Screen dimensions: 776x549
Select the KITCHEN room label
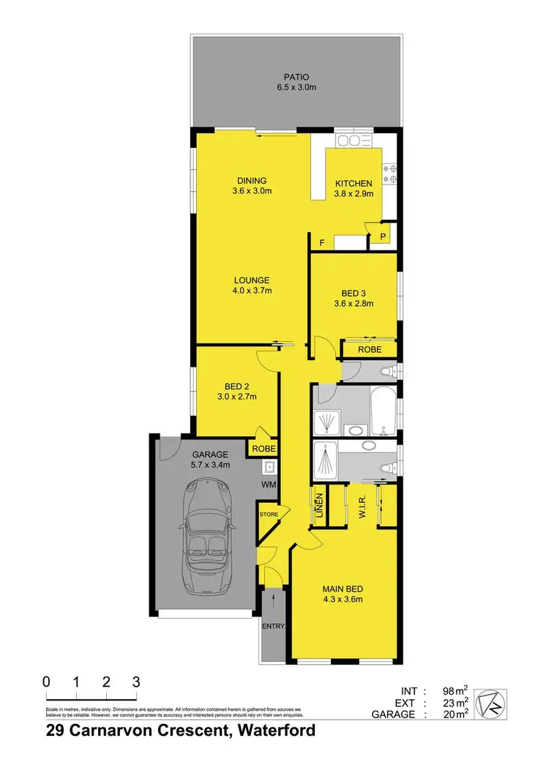click(x=354, y=184)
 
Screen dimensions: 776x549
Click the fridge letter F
click(x=321, y=242)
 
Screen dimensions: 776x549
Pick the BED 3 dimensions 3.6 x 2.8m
click(x=354, y=303)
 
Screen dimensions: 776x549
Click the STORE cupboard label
click(x=269, y=515)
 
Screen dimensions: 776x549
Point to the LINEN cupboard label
click(x=319, y=506)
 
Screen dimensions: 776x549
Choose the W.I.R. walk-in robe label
click(x=362, y=505)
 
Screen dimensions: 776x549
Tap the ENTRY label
click(x=273, y=626)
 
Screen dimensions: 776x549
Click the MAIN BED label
click(x=343, y=589)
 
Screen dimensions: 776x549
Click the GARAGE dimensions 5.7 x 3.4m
click(x=211, y=464)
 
